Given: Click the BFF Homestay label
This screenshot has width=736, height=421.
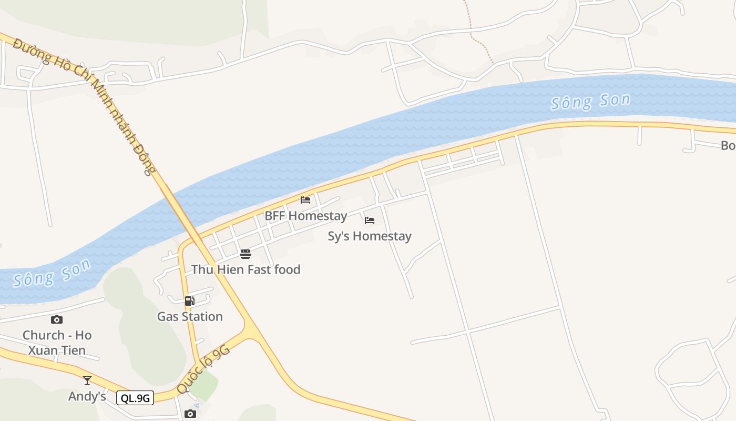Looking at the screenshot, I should coord(305,216).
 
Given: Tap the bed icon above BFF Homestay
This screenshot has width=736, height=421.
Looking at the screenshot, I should coord(305,200).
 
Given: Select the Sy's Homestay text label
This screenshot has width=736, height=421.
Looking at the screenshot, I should coord(370,236).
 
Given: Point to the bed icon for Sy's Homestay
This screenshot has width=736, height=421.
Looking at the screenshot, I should coord(370,220).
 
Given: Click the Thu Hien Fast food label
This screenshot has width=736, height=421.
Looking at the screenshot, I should coord(246,270).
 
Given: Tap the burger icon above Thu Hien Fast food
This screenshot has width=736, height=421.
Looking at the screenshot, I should coord(246,254).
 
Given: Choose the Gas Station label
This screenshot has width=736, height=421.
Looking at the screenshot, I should coord(190,317).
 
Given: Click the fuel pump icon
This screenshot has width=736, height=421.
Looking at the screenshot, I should coord(190,301).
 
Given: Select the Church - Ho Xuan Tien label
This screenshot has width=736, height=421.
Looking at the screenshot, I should coord(57,343).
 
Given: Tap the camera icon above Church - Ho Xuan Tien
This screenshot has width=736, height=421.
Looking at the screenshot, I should coord(57,319).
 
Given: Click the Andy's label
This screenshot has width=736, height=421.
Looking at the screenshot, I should coord(87,396).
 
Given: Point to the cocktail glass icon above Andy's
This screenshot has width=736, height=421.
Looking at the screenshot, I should coord(87,380).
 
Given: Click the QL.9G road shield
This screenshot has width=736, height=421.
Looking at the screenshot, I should coord(135,398).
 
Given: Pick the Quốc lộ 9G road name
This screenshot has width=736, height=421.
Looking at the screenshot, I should coord(203,369).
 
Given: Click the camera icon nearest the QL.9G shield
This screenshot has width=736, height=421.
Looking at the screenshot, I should coord(190,414).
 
